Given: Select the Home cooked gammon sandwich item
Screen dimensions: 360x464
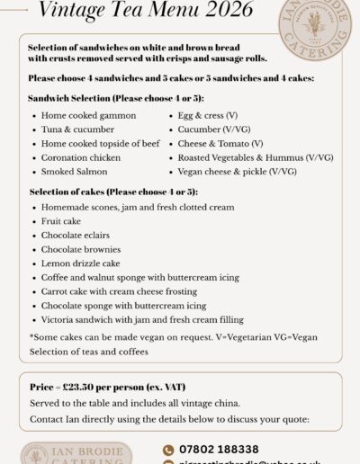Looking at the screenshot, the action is [88, 116].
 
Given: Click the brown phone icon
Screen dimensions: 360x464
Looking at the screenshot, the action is [168, 449].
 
